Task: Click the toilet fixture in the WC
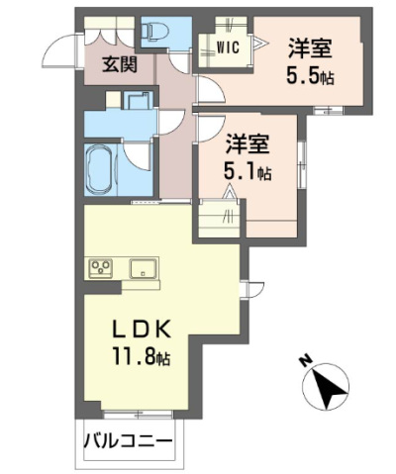click(155, 32)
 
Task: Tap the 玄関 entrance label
click(120, 64)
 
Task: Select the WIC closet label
click(228, 48)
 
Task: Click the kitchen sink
click(143, 268)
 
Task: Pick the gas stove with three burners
click(101, 269)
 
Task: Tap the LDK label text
click(143, 330)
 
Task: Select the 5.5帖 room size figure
click(310, 75)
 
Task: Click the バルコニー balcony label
click(128, 440)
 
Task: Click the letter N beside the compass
click(307, 360)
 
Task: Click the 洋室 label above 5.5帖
click(310, 48)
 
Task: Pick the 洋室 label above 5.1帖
click(247, 144)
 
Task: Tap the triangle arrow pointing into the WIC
click(259, 43)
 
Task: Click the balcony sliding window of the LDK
click(138, 415)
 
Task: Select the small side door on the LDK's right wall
click(251, 290)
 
